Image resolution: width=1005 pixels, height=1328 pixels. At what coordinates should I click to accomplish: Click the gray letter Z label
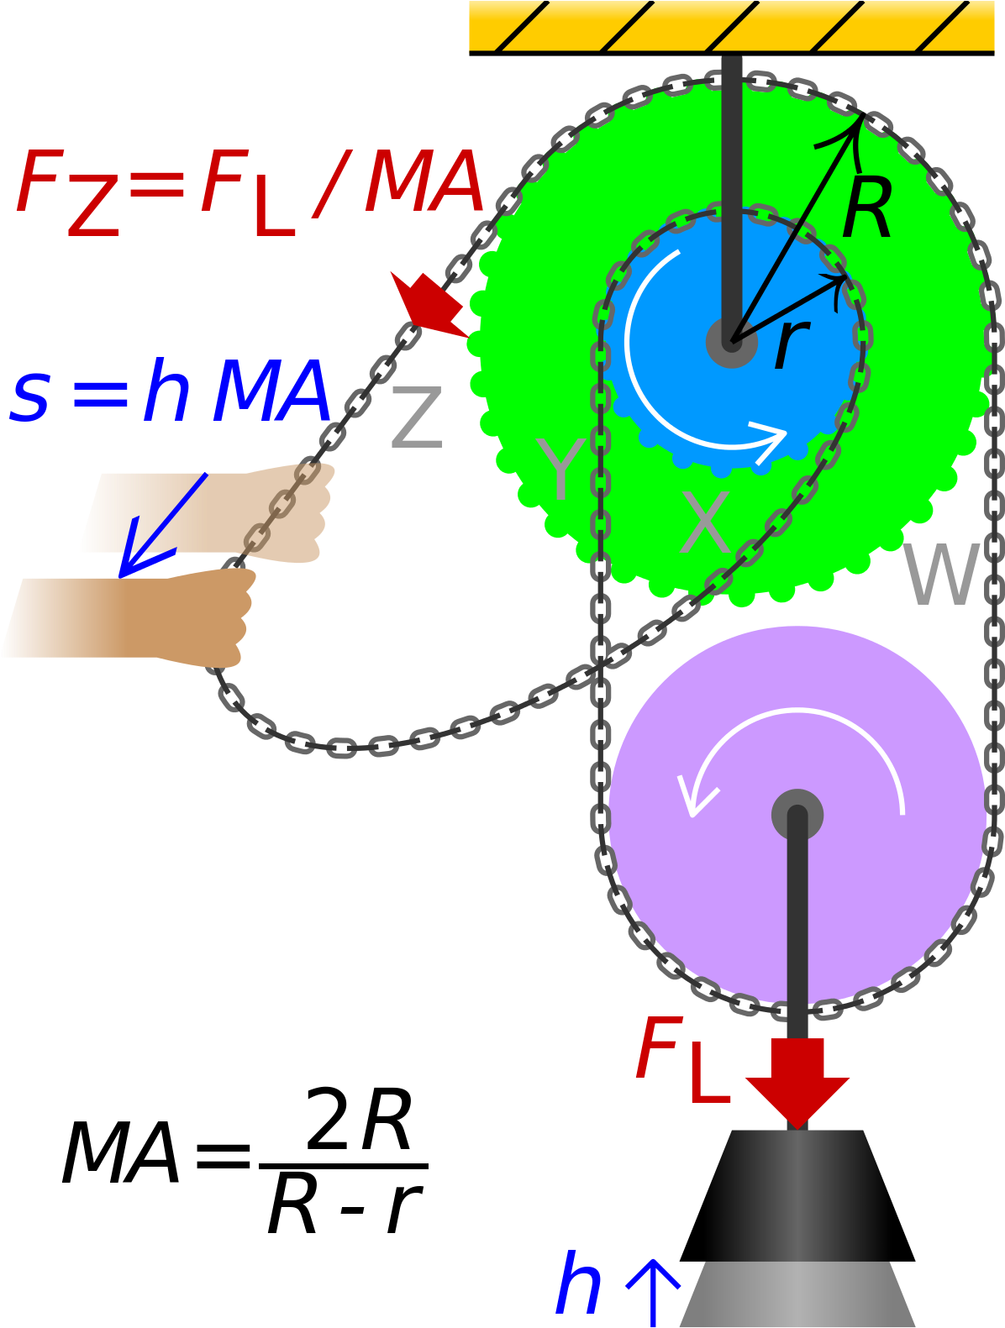click(417, 417)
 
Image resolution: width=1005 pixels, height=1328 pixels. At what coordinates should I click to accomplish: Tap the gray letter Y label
click(560, 470)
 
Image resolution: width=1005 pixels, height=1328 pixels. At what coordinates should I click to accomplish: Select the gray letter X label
click(704, 522)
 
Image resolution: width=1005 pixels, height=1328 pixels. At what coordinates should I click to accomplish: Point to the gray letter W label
click(941, 575)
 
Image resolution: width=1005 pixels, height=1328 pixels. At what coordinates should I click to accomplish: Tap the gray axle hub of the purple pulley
click(797, 814)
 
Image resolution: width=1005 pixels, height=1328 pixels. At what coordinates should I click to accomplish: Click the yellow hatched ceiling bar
click(731, 26)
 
